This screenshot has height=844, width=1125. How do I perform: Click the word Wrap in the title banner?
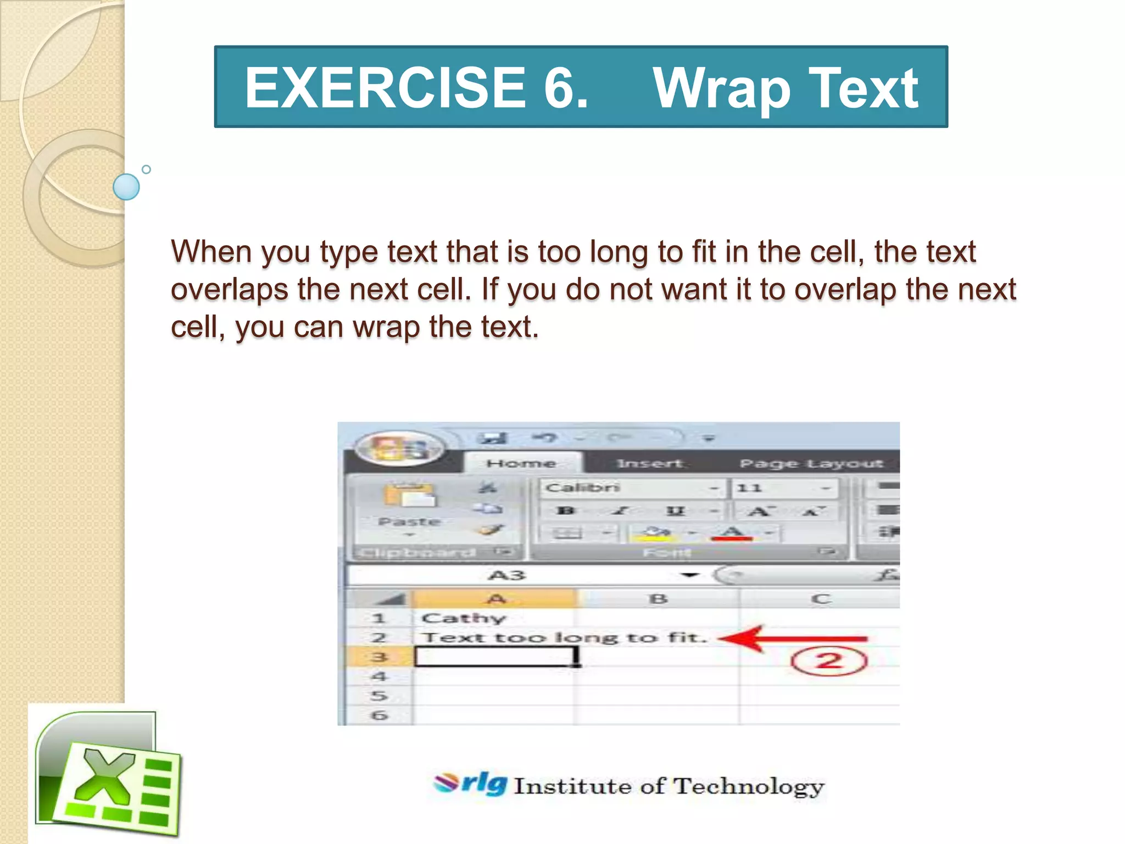[x=721, y=88]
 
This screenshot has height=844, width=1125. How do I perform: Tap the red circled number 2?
[x=828, y=660]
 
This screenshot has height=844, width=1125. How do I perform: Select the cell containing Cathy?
[x=463, y=618]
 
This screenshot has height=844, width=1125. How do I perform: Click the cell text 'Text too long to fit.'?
[x=563, y=638]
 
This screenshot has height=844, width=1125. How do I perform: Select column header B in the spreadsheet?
[x=658, y=598]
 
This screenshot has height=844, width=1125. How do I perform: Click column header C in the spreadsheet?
[x=820, y=598]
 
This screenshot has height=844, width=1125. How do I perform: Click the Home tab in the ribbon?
[x=521, y=463]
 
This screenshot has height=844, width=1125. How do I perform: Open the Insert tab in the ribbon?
[x=649, y=464]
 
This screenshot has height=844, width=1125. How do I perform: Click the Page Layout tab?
[x=811, y=464]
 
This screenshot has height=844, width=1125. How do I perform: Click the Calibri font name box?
[x=626, y=488]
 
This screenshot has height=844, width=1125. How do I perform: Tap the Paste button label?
[x=409, y=521]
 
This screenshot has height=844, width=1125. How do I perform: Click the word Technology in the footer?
[x=748, y=786]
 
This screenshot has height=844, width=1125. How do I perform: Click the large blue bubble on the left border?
[x=126, y=187]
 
